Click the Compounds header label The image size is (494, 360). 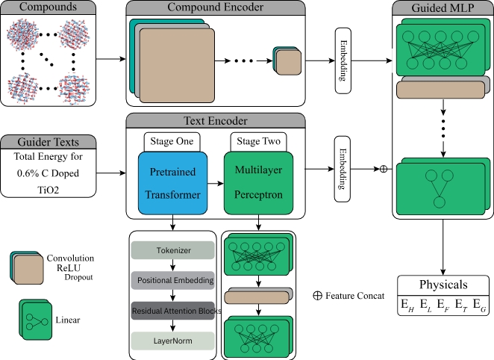pos(48,9)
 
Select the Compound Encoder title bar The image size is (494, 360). pos(215,9)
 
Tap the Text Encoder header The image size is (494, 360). pos(215,121)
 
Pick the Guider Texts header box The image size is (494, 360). pos(48,142)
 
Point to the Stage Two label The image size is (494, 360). pos(257,141)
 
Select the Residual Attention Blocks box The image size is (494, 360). pos(173,310)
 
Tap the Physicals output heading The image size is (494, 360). pos(443,285)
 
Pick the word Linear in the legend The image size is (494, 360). pos(69,320)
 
